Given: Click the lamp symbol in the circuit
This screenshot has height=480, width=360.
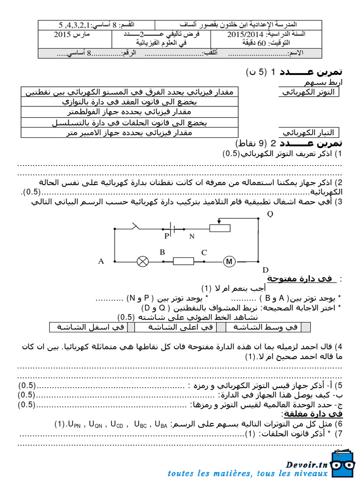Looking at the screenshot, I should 142,262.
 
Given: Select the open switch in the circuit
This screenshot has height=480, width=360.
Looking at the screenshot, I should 136,227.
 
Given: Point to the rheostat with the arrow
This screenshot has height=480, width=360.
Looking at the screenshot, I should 219,227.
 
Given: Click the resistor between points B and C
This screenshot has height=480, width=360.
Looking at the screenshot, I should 183,262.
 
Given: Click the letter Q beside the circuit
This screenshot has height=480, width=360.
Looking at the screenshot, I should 270,214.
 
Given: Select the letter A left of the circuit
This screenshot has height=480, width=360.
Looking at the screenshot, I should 101,262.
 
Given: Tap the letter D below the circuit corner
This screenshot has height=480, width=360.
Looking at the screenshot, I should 265,270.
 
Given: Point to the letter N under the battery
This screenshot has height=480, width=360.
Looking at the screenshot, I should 192,237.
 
